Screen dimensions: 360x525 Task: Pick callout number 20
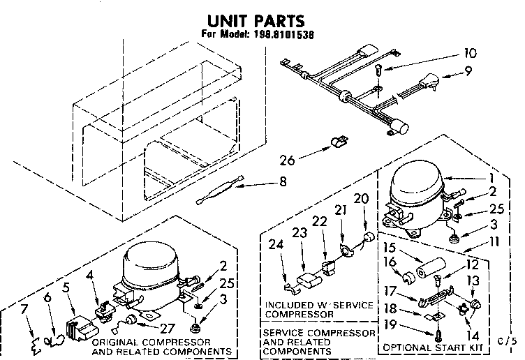click(361, 198)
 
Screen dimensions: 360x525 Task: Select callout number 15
click(390, 248)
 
